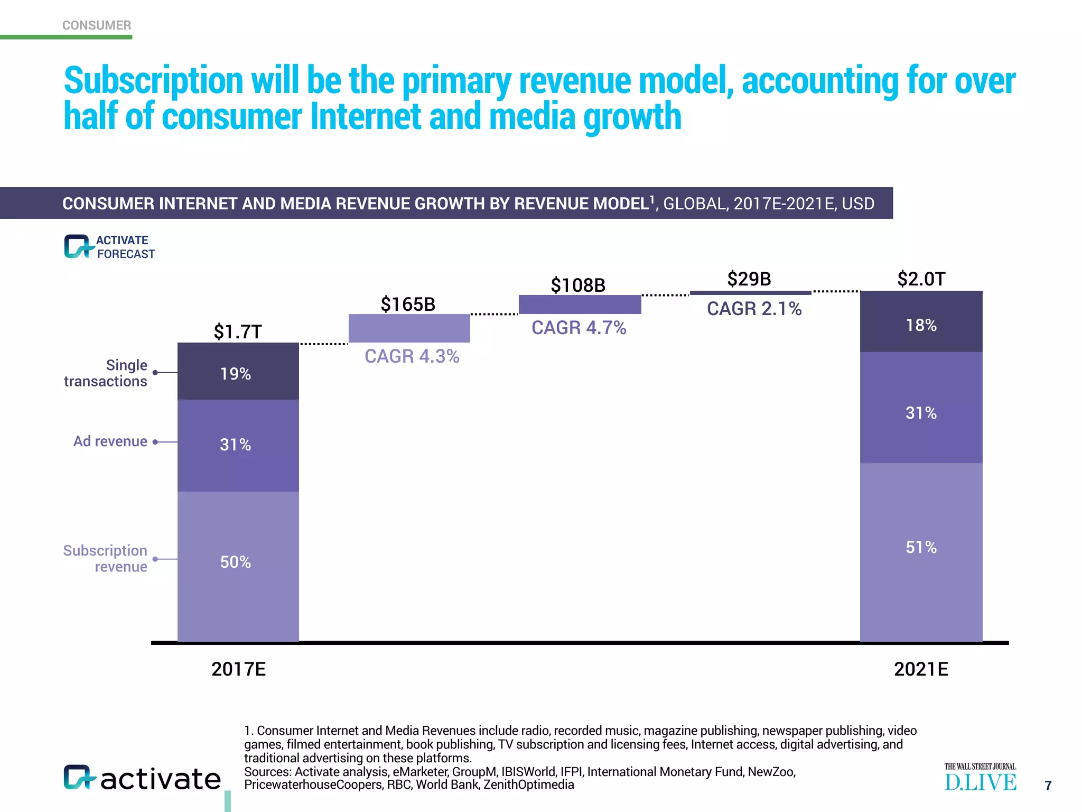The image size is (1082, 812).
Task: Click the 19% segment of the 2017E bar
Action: coord(238,372)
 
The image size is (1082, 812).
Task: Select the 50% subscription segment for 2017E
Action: coord(238,566)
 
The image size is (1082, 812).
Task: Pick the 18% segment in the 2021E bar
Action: coord(921,322)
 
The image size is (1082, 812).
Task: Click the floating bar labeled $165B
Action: coord(409,328)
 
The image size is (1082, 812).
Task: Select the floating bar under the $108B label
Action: coord(580,304)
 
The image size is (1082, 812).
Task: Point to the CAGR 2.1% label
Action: coord(754,309)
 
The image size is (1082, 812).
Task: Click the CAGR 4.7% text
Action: coord(579,328)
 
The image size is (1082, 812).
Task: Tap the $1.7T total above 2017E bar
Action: coord(238,332)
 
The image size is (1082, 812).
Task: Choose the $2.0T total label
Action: coord(921,279)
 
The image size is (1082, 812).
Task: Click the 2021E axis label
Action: coord(921,669)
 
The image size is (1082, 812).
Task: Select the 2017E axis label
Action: coord(238,669)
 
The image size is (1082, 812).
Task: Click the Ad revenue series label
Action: coord(110,441)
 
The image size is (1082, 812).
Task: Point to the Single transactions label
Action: coord(106,373)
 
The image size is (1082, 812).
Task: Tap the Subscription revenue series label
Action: coord(106,558)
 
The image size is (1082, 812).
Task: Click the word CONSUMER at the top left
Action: coord(97,25)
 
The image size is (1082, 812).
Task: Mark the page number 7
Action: coord(1048,786)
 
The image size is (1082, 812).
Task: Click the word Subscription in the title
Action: coord(153,80)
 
